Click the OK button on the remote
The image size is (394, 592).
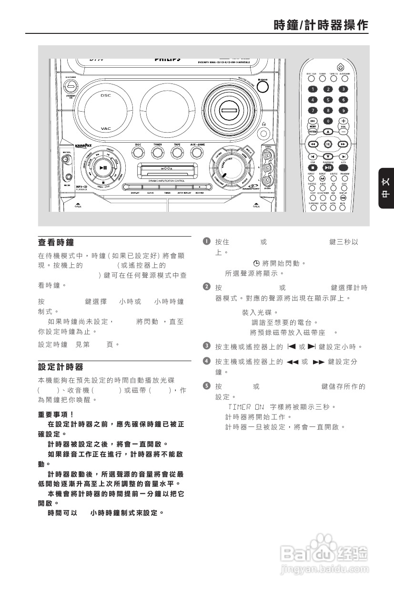point(328,144)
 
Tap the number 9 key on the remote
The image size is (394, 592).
point(343,110)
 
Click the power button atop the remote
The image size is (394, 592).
point(340,67)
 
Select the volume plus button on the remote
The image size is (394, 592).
point(343,121)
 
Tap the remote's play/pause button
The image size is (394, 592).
point(328,167)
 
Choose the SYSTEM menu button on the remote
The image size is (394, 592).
point(313,131)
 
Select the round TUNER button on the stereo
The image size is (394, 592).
point(157,152)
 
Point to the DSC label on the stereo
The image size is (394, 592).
point(105,95)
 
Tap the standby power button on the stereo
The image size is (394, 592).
point(71,86)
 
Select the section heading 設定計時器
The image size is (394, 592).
point(61,367)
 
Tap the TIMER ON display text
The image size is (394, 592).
point(245,407)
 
